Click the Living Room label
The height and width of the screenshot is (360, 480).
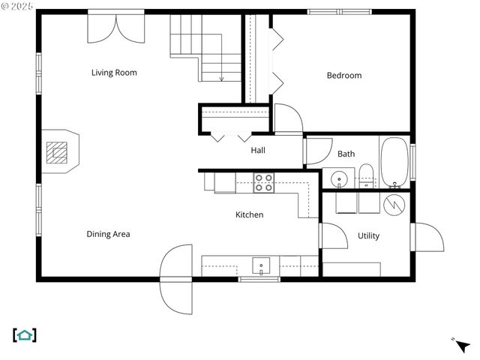coord(114,73)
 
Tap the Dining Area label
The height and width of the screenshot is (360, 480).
coord(108,234)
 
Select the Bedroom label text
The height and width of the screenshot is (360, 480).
coord(343,75)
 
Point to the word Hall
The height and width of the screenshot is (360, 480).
coord(258,150)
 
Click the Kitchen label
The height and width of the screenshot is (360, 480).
coord(249,214)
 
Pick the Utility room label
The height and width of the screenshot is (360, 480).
coord(368,235)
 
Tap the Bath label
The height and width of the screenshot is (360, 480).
coord(346,154)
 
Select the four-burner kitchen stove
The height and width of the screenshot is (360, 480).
coord(263,183)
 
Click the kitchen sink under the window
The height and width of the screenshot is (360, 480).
coord(261,265)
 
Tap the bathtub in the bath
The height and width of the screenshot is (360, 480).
coord(394,162)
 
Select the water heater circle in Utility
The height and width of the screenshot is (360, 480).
coord(394,203)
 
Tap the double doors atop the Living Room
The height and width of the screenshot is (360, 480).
coord(115,27)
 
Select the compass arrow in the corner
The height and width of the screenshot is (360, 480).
coord(462,345)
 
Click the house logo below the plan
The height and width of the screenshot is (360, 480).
coord(25,335)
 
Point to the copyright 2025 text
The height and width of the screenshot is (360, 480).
coord(17,6)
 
